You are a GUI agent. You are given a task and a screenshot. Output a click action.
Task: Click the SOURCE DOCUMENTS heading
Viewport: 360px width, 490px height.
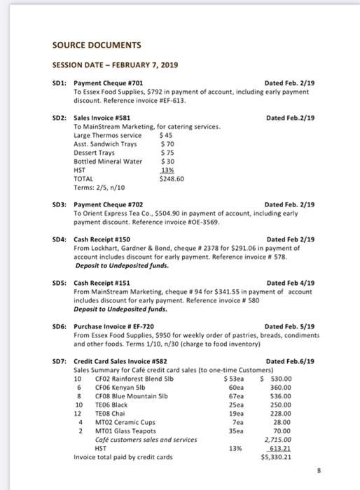click(97, 45)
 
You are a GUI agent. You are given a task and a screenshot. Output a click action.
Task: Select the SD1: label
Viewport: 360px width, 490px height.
click(61, 83)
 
